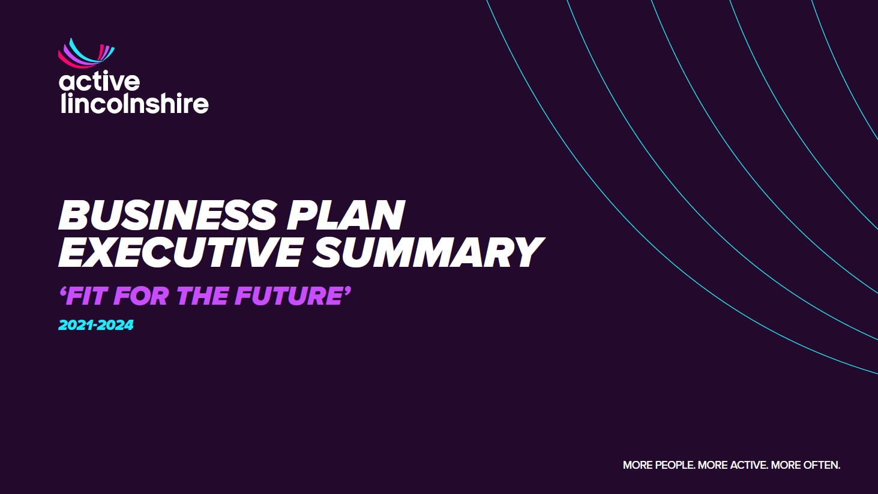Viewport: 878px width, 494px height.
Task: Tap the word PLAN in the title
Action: [346, 215]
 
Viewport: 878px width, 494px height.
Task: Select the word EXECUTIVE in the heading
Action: [181, 252]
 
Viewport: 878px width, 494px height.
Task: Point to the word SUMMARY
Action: [428, 252]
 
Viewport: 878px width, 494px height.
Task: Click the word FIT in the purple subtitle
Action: [86, 296]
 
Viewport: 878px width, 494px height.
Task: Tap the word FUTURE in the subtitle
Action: [289, 296]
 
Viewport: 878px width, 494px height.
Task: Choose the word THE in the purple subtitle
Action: [202, 296]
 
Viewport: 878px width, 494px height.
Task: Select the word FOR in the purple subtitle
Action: [142, 296]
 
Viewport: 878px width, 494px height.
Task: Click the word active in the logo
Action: [99, 82]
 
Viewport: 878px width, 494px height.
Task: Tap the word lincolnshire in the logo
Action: [134, 103]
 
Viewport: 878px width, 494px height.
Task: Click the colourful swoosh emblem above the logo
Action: [86, 53]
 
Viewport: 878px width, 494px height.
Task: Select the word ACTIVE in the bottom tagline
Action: [749, 465]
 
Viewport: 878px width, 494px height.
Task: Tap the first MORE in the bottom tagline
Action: [638, 465]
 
